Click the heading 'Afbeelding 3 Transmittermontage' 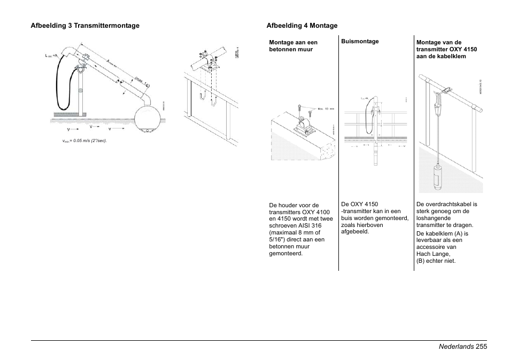(x=85, y=26)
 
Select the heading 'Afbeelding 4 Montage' (x=302, y=26)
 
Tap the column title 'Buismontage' (x=360, y=41)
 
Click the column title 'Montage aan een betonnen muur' (x=293, y=45)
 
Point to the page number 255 (x=480, y=347)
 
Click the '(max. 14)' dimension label (x=142, y=82)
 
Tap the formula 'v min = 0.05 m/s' (x=85, y=141)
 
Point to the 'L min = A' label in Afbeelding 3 (x=52, y=56)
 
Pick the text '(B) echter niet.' (x=436, y=261)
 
